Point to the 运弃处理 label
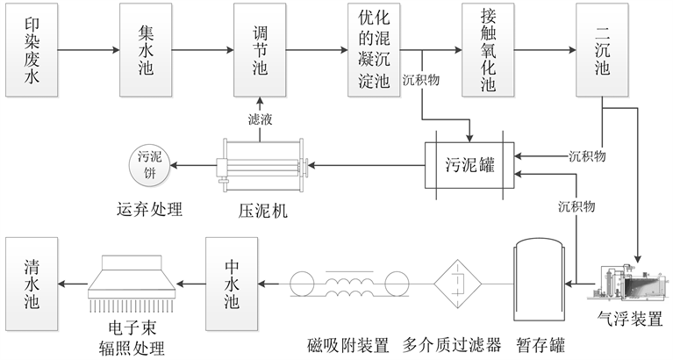click(x=149, y=211)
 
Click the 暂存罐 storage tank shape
click(x=536, y=283)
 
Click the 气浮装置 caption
click(x=627, y=318)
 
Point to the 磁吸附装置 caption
click(x=347, y=342)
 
